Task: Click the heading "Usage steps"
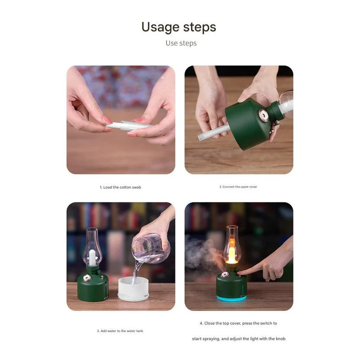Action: pyautogui.click(x=179, y=27)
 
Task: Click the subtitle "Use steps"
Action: pyautogui.click(x=181, y=43)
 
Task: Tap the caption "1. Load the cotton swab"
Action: pyautogui.click(x=120, y=187)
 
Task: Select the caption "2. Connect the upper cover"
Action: pyautogui.click(x=238, y=187)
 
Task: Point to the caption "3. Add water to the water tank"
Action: pyautogui.click(x=120, y=331)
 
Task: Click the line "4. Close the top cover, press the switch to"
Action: pyautogui.click(x=238, y=323)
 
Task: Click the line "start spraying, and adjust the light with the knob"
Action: pyautogui.click(x=238, y=338)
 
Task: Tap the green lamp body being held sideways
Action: pyautogui.click(x=250, y=124)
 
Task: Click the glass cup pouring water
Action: pyautogui.click(x=151, y=248)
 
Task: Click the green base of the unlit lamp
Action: pyautogui.click(x=92, y=288)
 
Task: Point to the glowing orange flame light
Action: pyautogui.click(x=232, y=255)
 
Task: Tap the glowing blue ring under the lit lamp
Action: pyautogui.click(x=231, y=298)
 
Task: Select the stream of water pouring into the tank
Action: pyautogui.click(x=136, y=272)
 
